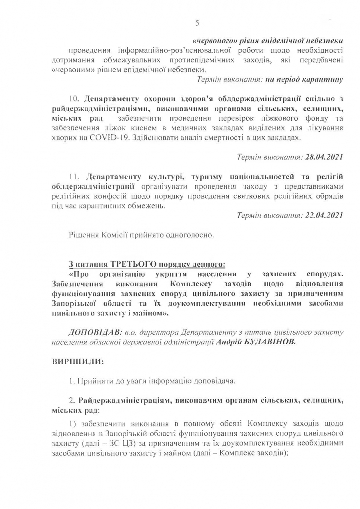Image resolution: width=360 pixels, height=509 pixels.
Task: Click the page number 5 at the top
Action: pos(197,22)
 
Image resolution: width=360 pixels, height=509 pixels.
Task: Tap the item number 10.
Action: pos(75,99)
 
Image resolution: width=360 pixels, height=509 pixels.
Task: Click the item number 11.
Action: pos(75,176)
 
